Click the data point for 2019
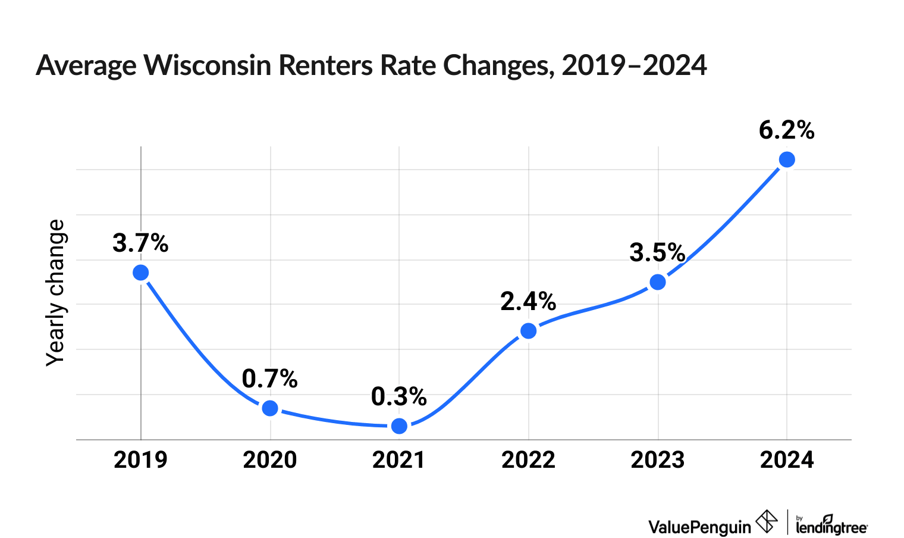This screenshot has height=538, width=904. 140,273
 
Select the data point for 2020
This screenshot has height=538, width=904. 270,408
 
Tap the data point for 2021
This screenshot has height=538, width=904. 400,426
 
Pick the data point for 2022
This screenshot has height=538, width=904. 528,331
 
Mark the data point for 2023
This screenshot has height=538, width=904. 658,282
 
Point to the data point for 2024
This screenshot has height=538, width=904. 787,159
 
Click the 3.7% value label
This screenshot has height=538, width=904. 140,243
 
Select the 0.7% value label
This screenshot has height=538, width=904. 269,379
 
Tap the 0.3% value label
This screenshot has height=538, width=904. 398,397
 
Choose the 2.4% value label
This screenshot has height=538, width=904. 528,302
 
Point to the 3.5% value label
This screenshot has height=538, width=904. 657,253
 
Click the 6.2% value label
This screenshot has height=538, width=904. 786,130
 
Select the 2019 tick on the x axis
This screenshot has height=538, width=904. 140,459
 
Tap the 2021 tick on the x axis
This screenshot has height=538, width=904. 398,459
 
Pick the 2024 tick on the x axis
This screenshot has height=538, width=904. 787,459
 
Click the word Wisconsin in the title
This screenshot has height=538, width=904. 207,65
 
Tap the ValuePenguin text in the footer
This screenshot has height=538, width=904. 699,527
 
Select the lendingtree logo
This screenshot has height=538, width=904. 831,524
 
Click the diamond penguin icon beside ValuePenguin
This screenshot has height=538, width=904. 766,522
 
